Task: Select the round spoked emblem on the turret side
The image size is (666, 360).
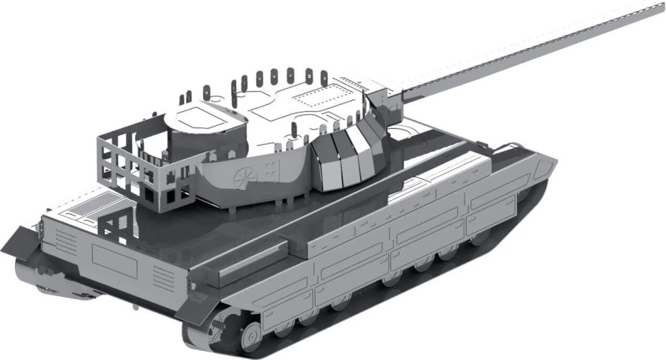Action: click(x=242, y=176)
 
